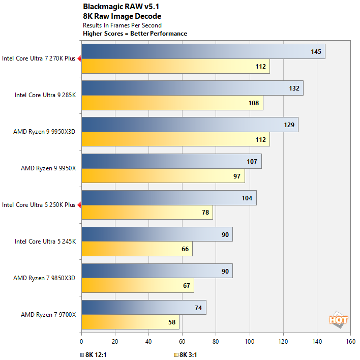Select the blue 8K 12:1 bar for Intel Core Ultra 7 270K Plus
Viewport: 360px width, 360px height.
pos(203,51)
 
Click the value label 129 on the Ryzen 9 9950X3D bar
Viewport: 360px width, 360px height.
pos(289,125)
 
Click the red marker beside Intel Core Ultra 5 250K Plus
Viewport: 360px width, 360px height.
pos(79,205)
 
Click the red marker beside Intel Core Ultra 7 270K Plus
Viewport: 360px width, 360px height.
pos(79,58)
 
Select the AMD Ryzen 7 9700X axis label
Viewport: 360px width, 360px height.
pos(48,315)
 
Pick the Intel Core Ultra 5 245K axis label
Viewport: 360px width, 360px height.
pos(45,242)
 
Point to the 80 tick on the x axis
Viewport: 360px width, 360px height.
pos(216,342)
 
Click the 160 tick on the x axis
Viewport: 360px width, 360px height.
pos(350,342)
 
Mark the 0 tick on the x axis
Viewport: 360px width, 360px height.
pos(81,342)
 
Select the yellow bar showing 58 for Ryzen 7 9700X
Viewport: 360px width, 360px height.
pos(130,322)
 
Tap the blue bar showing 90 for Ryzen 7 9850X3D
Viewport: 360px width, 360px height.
pos(157,271)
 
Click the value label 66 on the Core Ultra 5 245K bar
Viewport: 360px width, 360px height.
pos(185,249)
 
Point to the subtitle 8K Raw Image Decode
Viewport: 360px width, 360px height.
pos(122,16)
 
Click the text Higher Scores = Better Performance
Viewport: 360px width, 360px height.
pos(135,34)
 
